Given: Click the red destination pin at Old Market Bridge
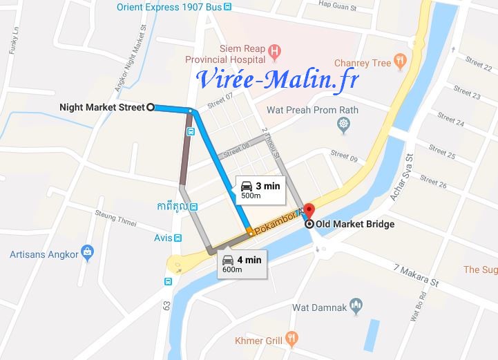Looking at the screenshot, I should click(309, 210).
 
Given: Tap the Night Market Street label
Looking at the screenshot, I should click(101, 107).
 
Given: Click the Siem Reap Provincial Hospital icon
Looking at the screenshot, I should click(275, 50).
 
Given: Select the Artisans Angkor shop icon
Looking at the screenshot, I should click(87, 253).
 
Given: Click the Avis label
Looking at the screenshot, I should click(163, 238).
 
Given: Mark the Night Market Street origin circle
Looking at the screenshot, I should click(150, 107).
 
